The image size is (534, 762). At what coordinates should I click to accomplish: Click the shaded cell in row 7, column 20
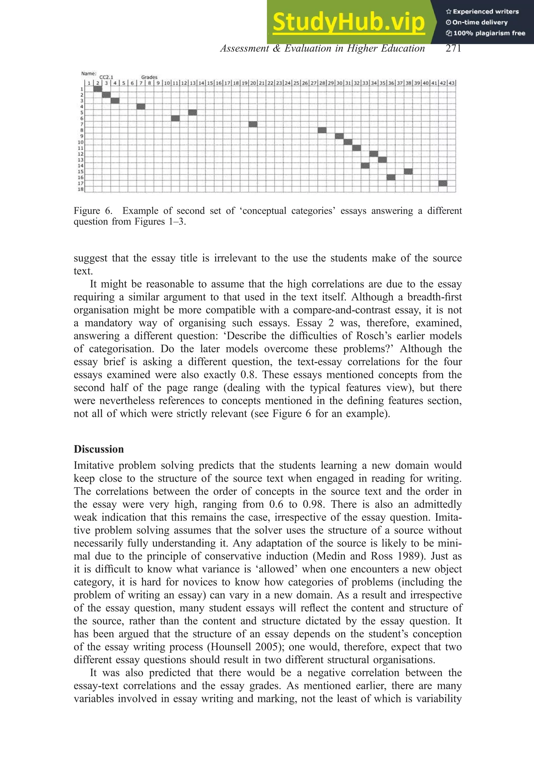(253, 124)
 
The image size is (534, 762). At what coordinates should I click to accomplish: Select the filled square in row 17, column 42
(443, 183)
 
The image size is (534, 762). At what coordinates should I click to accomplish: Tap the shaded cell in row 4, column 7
(141, 107)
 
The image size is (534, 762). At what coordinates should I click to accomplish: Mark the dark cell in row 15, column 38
(408, 171)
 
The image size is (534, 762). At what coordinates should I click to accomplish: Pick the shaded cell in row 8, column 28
(322, 130)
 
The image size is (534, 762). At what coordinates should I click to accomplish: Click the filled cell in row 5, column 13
(193, 113)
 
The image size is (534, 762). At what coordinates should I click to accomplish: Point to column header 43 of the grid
(451, 83)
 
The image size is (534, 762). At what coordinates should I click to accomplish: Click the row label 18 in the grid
(81, 189)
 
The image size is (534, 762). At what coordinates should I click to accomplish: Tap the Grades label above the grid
(149, 77)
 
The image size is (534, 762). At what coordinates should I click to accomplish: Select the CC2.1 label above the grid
(106, 77)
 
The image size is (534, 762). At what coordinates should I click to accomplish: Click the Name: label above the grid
(89, 73)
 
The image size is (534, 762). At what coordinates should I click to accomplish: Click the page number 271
(453, 49)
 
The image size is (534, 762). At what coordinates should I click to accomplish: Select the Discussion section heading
(99, 449)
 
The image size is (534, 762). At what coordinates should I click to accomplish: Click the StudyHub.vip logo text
(348, 22)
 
